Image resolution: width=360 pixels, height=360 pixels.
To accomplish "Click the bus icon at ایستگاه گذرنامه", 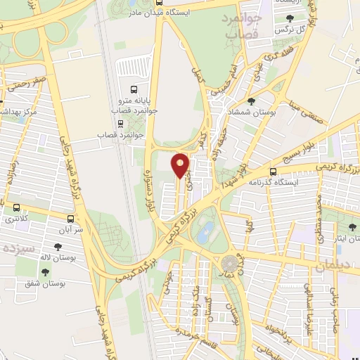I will pyautogui.click(x=273, y=171).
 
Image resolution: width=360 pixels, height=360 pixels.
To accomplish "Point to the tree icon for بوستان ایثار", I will pyautogui.click(x=352, y=228).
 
